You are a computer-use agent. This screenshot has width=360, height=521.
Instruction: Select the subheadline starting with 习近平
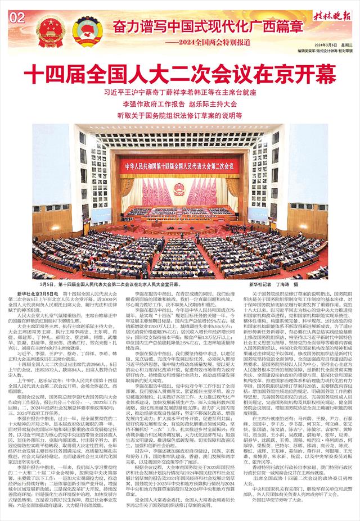[x=180, y=90]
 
